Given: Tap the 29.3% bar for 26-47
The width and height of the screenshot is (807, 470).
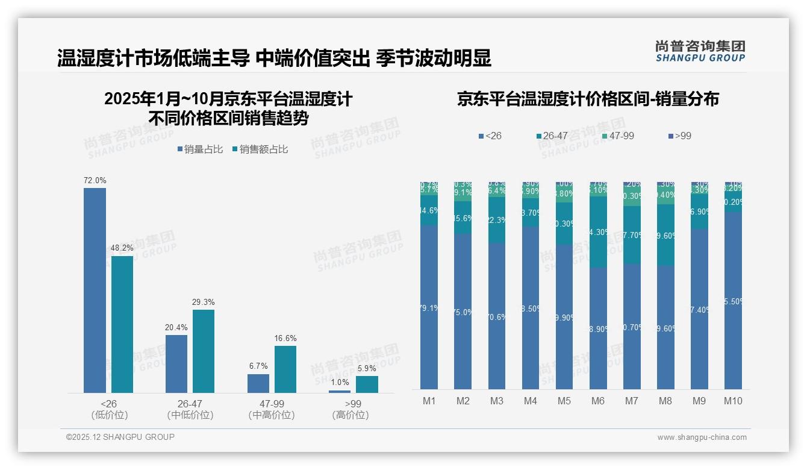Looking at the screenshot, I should click(204, 351).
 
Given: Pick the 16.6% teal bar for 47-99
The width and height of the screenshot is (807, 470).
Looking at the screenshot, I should click(285, 369).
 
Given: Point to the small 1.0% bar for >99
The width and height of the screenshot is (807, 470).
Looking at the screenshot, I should click(340, 392).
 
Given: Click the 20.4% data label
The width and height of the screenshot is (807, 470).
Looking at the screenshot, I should click(176, 328).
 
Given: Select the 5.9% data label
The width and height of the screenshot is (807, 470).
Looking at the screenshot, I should click(367, 369).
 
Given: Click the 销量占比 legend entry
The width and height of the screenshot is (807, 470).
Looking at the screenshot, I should click(200, 149).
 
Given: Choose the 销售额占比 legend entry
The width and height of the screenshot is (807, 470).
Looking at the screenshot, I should click(260, 149).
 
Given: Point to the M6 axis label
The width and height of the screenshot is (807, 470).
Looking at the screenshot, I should click(598, 401).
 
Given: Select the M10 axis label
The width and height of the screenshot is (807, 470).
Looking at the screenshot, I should click(733, 401).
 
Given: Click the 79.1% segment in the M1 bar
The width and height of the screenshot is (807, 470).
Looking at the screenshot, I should click(429, 307).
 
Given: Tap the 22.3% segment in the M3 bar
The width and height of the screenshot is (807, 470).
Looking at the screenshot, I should click(497, 220).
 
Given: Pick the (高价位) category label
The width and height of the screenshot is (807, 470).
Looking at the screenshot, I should click(350, 415).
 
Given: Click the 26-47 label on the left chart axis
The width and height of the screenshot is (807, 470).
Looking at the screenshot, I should click(190, 404).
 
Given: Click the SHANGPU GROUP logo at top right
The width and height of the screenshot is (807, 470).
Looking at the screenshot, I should click(700, 51).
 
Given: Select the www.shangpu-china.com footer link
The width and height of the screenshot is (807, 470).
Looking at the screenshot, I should click(702, 437).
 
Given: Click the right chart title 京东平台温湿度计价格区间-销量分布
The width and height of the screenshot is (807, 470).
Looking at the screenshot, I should click(588, 99).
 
